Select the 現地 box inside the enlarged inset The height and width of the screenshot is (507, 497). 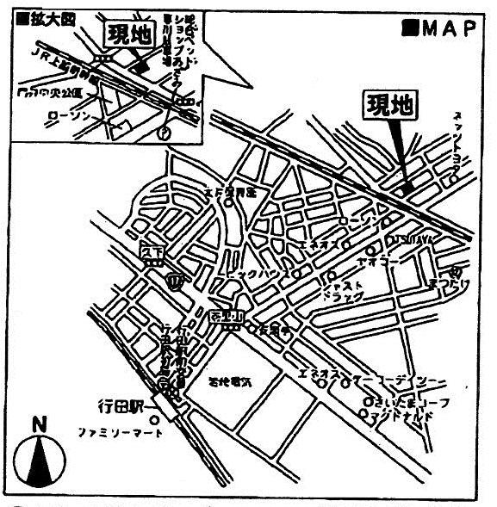pos(127,35)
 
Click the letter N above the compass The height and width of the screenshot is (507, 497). pos(37,424)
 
